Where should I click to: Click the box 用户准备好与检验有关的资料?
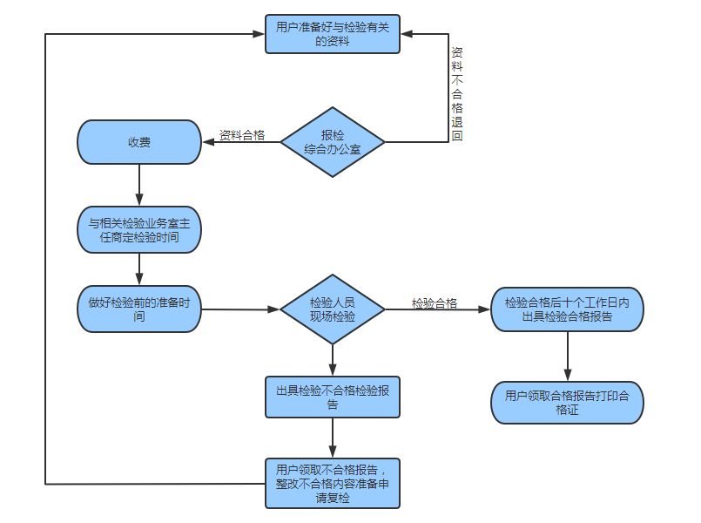coord(333,33)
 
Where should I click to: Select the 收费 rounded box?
coord(139,142)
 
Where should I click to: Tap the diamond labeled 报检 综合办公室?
coord(333,142)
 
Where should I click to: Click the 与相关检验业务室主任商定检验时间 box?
coord(139,229)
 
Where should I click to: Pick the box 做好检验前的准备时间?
coord(139,309)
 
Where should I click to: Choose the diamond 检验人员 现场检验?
coord(333,309)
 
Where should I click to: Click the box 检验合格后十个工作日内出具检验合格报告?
coord(567,309)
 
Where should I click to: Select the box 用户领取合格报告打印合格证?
coord(567,402)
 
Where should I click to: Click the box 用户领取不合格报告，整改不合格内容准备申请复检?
coord(333,482)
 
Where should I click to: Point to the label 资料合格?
coord(242,135)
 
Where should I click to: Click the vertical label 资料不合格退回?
coord(457,94)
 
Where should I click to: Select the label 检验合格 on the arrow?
coord(435,302)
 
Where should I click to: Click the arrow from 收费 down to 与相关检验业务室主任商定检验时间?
coord(139,185)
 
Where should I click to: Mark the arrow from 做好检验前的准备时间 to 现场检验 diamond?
coord(240,309)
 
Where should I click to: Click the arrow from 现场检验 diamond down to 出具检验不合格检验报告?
coord(333,358)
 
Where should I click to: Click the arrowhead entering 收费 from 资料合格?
coord(208,142)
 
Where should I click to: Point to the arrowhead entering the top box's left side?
coord(259,33)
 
